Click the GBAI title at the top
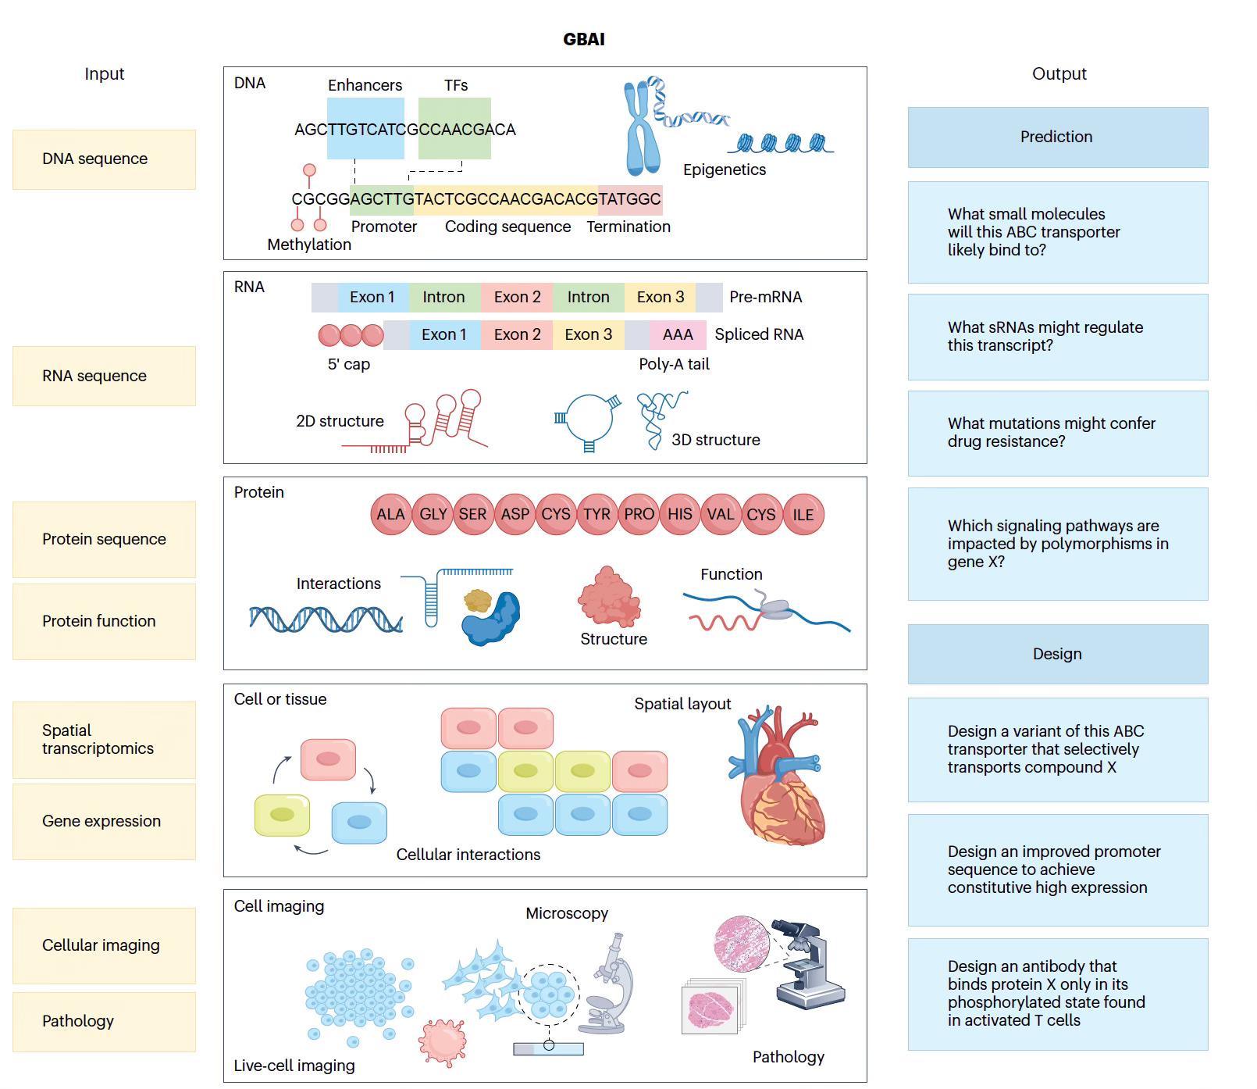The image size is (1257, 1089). pyautogui.click(x=584, y=39)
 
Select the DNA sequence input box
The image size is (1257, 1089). pyautogui.click(x=104, y=159)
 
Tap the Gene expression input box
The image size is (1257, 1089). pyautogui.click(x=104, y=821)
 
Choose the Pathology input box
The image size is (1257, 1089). pyautogui.click(x=104, y=1021)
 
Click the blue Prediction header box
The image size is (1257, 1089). pyautogui.click(x=1057, y=137)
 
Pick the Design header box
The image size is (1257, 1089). pyautogui.click(x=1057, y=654)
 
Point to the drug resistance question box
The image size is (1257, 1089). pyautogui.click(x=1057, y=433)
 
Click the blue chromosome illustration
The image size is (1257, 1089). pyautogui.click(x=642, y=129)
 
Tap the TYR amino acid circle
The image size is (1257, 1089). pyautogui.click(x=597, y=514)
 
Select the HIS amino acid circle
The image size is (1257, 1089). pyautogui.click(x=680, y=514)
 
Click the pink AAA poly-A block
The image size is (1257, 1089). pyautogui.click(x=678, y=335)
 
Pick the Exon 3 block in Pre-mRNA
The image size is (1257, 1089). pyautogui.click(x=660, y=298)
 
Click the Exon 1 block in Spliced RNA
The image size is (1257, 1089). pyautogui.click(x=444, y=335)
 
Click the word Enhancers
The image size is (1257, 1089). pyautogui.click(x=365, y=85)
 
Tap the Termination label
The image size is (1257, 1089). pyautogui.click(x=628, y=227)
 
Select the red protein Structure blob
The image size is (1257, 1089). pyautogui.click(x=609, y=598)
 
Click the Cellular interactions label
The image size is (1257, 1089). pyautogui.click(x=468, y=855)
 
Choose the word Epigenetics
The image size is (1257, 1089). pyautogui.click(x=725, y=170)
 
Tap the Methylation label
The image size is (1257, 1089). pyautogui.click(x=309, y=245)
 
